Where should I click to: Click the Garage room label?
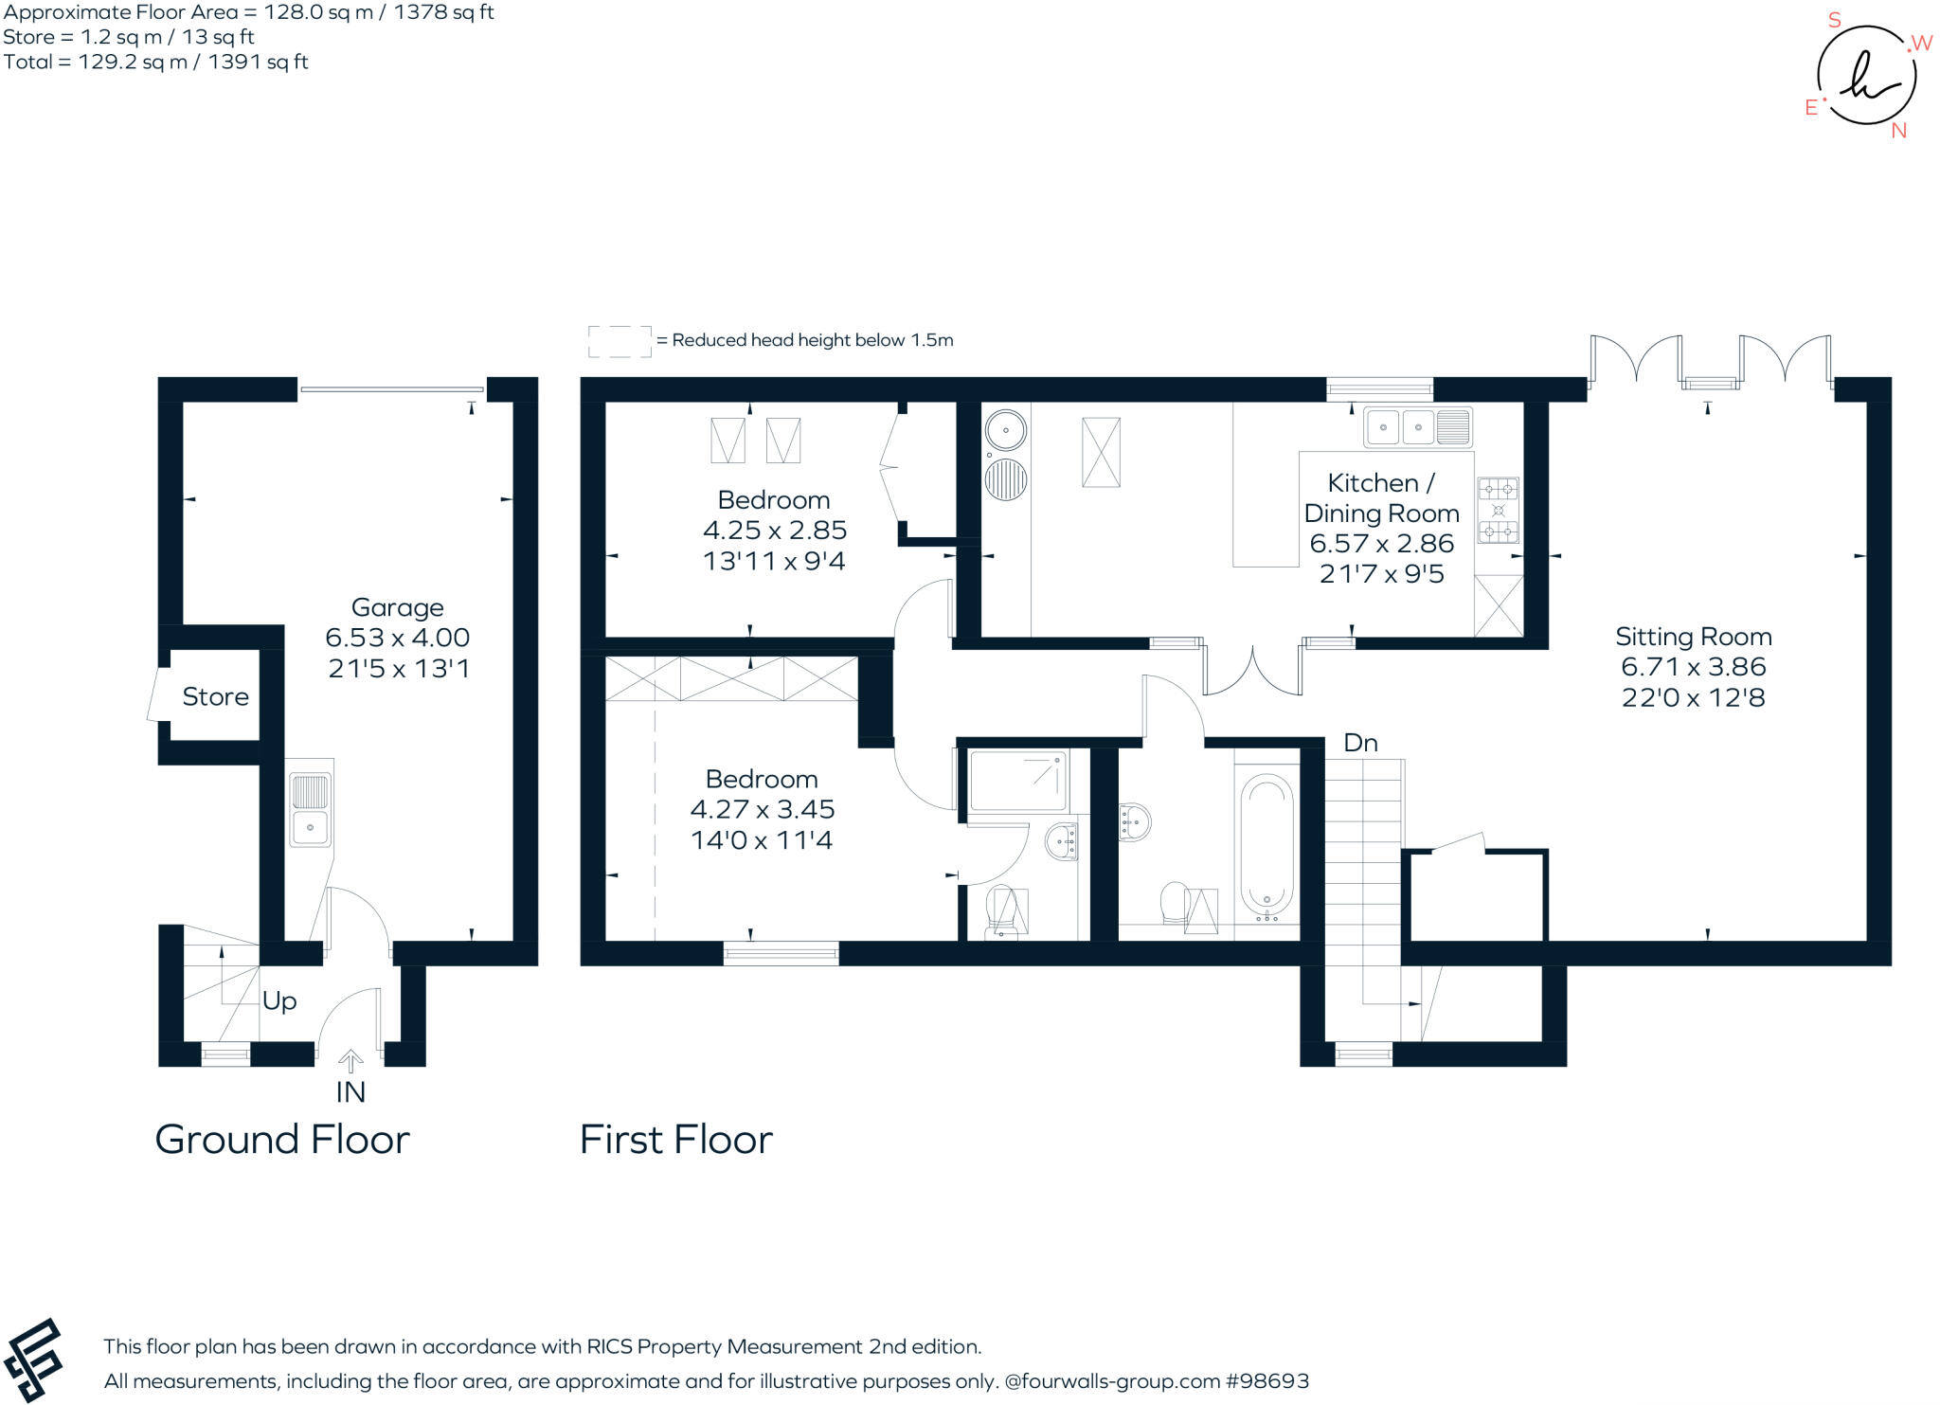tap(397, 607)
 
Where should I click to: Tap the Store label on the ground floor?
tap(215, 697)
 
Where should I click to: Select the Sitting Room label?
tap(1693, 637)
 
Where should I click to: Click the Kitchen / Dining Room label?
tap(1381, 498)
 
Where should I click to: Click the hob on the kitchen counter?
tap(1498, 510)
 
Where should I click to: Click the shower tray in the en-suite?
tap(1017, 780)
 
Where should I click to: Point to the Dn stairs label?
tap(1360, 743)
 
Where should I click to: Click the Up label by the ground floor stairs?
tap(279, 1000)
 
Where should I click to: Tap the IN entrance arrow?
tap(350, 1061)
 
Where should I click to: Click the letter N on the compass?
tap(1898, 132)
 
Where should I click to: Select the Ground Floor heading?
tap(282, 1140)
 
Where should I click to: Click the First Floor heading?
tap(675, 1140)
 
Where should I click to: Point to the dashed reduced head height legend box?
tap(620, 341)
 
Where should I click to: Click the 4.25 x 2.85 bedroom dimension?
tap(774, 531)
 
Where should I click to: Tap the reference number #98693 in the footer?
tap(1267, 1381)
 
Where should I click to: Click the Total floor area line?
tap(155, 63)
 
